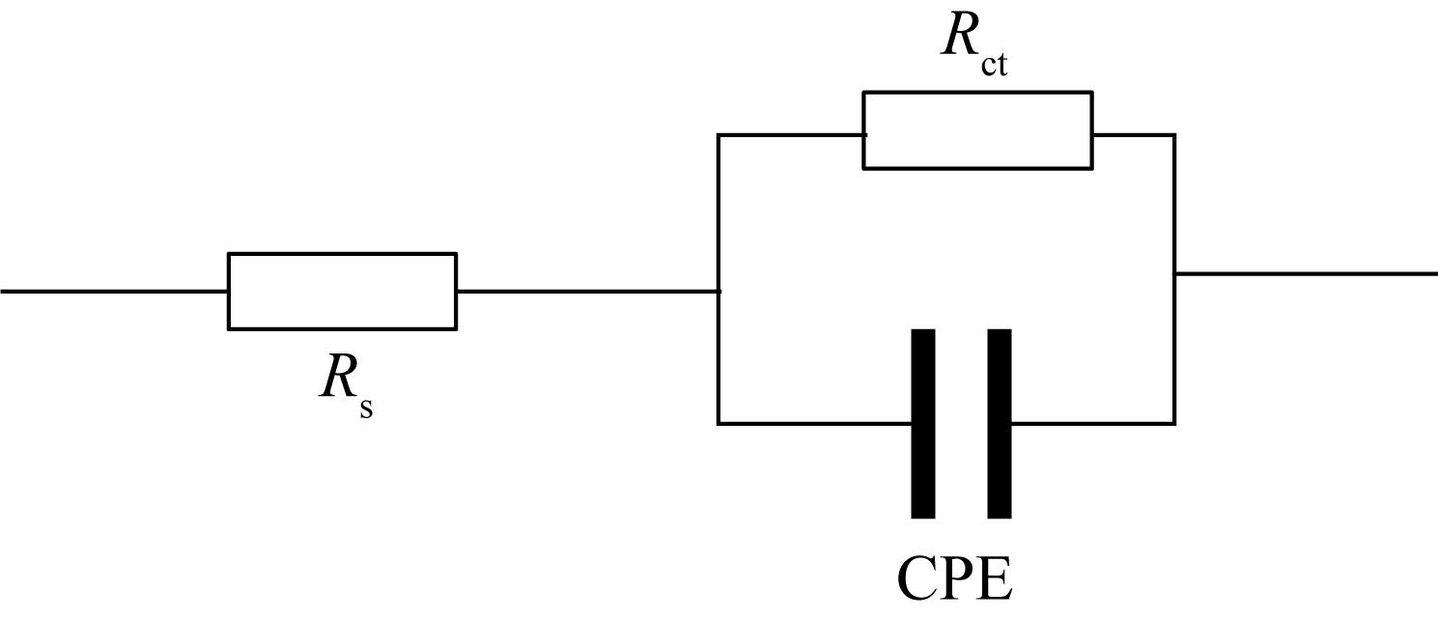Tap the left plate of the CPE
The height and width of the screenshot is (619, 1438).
(923, 424)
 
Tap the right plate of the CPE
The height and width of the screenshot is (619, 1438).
(1000, 424)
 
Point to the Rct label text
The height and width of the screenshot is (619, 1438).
(974, 44)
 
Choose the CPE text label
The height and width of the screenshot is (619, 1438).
(954, 578)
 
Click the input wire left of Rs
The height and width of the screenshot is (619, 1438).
(114, 292)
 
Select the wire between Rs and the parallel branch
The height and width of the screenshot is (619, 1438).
(588, 292)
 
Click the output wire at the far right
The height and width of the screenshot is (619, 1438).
(1307, 273)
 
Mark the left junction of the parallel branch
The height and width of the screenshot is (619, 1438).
(719, 292)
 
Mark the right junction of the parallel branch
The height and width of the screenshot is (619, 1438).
(1174, 273)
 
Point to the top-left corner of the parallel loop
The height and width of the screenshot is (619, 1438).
(719, 135)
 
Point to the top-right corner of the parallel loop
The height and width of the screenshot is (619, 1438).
(1174, 135)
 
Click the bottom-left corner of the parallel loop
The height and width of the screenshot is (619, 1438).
(719, 424)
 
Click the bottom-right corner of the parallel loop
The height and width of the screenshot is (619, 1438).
(1174, 424)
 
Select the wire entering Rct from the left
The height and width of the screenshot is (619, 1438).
(791, 135)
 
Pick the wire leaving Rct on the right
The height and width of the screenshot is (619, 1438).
(1134, 135)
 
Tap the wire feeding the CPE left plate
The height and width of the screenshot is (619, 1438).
(815, 424)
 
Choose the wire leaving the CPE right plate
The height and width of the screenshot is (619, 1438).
(1093, 424)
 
